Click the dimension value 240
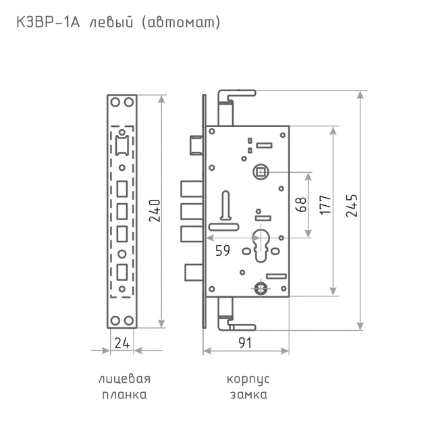[x=155, y=211]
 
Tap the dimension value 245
[x=352, y=205]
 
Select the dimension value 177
[x=325, y=205]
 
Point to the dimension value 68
[x=301, y=205]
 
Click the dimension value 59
[x=223, y=250]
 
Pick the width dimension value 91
[x=245, y=343]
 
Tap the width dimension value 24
[x=122, y=344]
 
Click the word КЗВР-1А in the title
[x=48, y=22]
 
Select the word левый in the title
[x=111, y=22]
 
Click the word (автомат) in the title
[x=181, y=23]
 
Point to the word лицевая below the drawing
[x=124, y=379]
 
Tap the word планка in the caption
[x=124, y=395]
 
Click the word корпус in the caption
[x=248, y=379]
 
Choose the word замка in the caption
[x=248, y=395]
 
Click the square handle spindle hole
[x=261, y=172]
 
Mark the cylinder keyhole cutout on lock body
[x=261, y=246]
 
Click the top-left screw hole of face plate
[x=115, y=102]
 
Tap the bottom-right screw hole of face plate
[x=129, y=321]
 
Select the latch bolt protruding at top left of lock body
[x=196, y=145]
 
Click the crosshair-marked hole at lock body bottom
[x=261, y=289]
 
